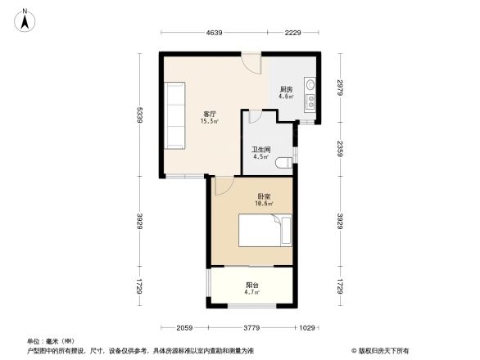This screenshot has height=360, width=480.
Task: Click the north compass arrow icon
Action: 26,19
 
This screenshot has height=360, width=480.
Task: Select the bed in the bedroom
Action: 264,230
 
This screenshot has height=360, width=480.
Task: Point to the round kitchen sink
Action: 310,85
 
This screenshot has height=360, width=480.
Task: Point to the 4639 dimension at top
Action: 215,32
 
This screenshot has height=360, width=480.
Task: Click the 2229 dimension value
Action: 293,32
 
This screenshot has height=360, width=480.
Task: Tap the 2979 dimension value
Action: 338,88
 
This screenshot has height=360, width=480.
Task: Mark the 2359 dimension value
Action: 338,148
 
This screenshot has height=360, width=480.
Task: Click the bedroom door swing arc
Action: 223,187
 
